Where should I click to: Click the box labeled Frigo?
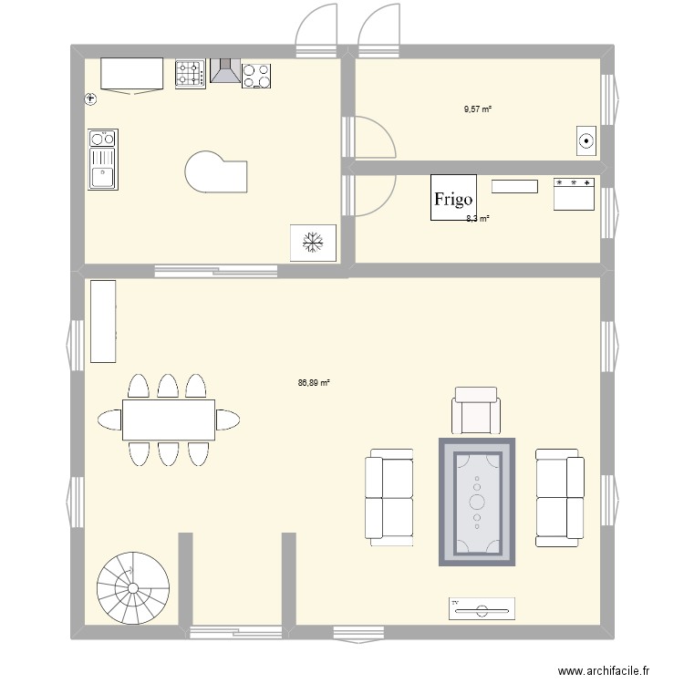[453, 198]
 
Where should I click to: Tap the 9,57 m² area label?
[477, 109]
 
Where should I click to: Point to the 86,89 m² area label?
[313, 383]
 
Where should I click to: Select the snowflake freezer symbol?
[313, 243]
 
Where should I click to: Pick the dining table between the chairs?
[169, 420]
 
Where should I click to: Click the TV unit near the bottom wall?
[482, 608]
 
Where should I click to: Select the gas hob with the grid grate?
[190, 74]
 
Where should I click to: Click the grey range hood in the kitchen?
[224, 71]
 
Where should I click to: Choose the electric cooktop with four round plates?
[256, 75]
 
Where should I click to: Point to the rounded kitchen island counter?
[216, 172]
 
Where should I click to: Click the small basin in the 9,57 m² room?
[586, 140]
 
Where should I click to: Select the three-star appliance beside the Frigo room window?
[574, 194]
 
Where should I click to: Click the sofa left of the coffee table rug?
[389, 498]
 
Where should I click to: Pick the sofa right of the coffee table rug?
[560, 497]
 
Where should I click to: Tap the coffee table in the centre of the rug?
[477, 501]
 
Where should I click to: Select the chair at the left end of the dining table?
[109, 420]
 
